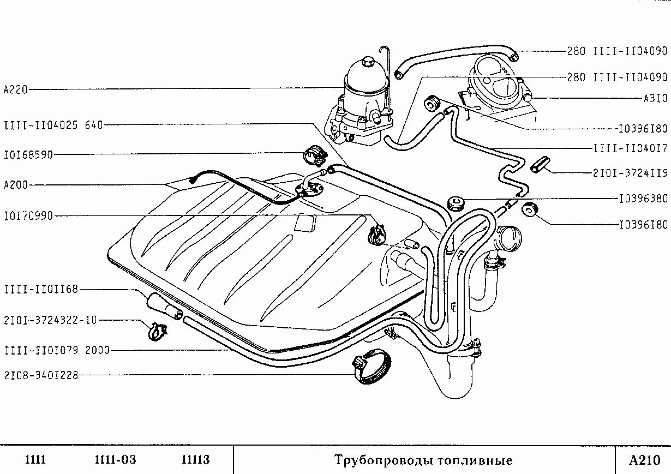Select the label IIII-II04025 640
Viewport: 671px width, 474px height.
coord(53,125)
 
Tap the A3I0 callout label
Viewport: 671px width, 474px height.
coord(655,99)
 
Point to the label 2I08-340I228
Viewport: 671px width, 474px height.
coord(41,375)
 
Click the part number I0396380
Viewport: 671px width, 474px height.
coord(643,199)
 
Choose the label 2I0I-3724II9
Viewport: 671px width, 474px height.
coord(630,173)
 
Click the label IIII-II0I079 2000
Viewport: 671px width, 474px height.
coord(57,350)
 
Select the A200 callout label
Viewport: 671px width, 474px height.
coord(15,185)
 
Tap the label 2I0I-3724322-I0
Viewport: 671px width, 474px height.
coord(50,320)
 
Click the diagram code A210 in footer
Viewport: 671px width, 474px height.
coord(644,460)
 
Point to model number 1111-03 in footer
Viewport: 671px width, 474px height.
coord(115,460)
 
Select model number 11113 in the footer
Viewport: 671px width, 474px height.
coord(195,460)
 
